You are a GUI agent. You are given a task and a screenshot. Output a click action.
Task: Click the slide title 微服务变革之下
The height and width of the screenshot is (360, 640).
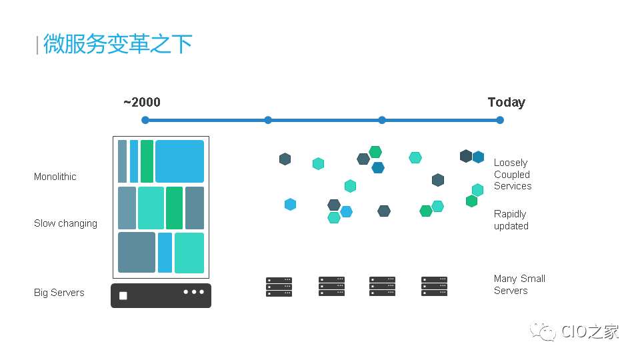click(117, 44)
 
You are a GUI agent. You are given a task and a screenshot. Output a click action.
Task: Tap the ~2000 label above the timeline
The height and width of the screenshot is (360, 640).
click(142, 102)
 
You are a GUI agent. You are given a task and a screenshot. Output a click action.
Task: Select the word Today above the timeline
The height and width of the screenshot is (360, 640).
click(507, 103)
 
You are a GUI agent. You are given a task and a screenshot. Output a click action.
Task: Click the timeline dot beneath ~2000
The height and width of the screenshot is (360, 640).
click(145, 120)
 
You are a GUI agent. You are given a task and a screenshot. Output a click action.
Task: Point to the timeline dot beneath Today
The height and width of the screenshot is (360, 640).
click(500, 120)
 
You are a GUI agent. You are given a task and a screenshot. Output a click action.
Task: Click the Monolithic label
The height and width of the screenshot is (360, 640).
click(55, 177)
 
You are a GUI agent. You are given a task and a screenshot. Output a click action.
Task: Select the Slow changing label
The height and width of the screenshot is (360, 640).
click(66, 223)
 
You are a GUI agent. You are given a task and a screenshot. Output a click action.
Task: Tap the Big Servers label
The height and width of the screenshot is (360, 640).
click(59, 293)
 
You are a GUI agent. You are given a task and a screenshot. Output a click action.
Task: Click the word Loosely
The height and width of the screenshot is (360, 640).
click(511, 163)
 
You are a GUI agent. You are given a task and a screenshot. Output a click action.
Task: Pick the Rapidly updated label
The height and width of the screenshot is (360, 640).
click(511, 220)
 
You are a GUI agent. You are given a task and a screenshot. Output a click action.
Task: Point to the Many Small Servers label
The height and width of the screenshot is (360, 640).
click(519, 285)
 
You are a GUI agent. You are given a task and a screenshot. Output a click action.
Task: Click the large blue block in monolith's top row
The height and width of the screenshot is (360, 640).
click(179, 161)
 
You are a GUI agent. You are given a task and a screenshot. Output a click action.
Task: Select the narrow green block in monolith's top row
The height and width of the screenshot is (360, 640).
click(147, 161)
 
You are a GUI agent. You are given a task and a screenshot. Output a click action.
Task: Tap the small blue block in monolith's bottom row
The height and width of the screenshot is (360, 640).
click(165, 253)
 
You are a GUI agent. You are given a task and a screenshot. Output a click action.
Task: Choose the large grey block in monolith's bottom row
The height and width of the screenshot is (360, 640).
click(137, 252)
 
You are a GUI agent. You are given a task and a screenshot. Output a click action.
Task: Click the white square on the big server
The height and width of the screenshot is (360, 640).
click(123, 295)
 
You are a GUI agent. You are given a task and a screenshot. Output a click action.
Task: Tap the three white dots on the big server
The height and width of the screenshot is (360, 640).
click(193, 292)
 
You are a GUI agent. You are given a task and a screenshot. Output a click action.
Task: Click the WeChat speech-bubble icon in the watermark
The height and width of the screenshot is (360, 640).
click(543, 331)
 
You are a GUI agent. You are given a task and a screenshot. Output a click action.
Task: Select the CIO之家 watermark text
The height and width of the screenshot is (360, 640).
click(590, 331)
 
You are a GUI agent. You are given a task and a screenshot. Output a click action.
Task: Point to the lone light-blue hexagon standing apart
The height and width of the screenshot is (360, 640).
click(290, 204)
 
